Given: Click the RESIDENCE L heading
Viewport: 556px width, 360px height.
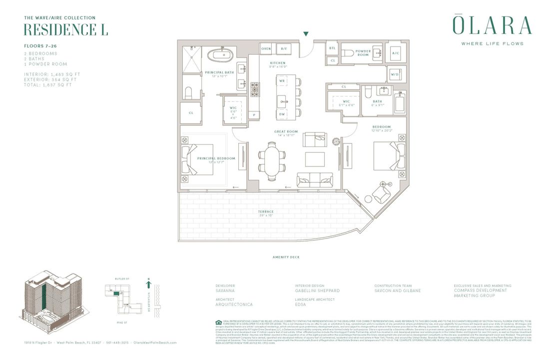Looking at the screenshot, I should pos(65,30).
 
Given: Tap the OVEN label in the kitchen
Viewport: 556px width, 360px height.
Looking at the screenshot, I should pos(266,48).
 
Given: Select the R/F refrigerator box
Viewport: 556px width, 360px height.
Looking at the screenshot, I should pos(284,48).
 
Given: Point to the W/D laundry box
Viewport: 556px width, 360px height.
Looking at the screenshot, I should pos(395,74).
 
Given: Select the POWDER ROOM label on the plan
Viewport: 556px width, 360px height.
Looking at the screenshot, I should pos(363,53).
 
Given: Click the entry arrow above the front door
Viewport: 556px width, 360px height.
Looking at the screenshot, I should pos(306,34).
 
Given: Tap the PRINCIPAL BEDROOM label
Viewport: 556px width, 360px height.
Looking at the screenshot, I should pos(216,159).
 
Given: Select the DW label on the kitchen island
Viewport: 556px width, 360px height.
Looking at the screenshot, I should pos(282,114).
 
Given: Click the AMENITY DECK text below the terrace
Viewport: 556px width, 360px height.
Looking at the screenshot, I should pos(286,257).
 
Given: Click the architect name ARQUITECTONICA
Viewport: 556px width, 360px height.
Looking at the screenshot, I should pos(234,304).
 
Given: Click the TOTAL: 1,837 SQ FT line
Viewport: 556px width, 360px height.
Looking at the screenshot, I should pos(48,85).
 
